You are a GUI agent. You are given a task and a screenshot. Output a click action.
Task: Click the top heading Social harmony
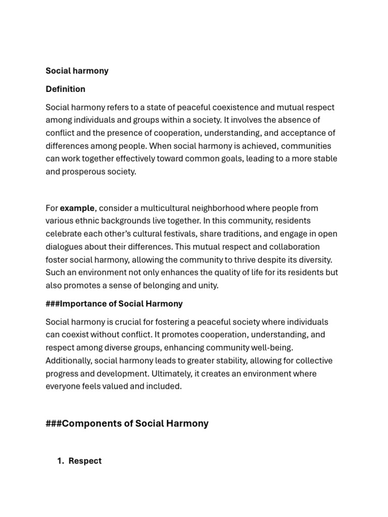pos(77,71)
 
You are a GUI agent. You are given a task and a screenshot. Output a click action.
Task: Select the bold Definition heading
pos(65,89)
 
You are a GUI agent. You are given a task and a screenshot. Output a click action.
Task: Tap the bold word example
pos(77,208)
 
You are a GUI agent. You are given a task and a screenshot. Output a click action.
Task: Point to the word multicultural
pos(158,208)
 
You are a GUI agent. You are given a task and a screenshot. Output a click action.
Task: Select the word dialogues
pos(63,247)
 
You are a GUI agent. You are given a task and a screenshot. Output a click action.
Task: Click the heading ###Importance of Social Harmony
pos(114,303)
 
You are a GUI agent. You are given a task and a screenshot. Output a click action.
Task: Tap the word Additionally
pos(68,360)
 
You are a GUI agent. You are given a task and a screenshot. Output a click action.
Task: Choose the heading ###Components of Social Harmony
pos(127,423)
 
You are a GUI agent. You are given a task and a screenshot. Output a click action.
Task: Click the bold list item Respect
pos(85,460)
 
